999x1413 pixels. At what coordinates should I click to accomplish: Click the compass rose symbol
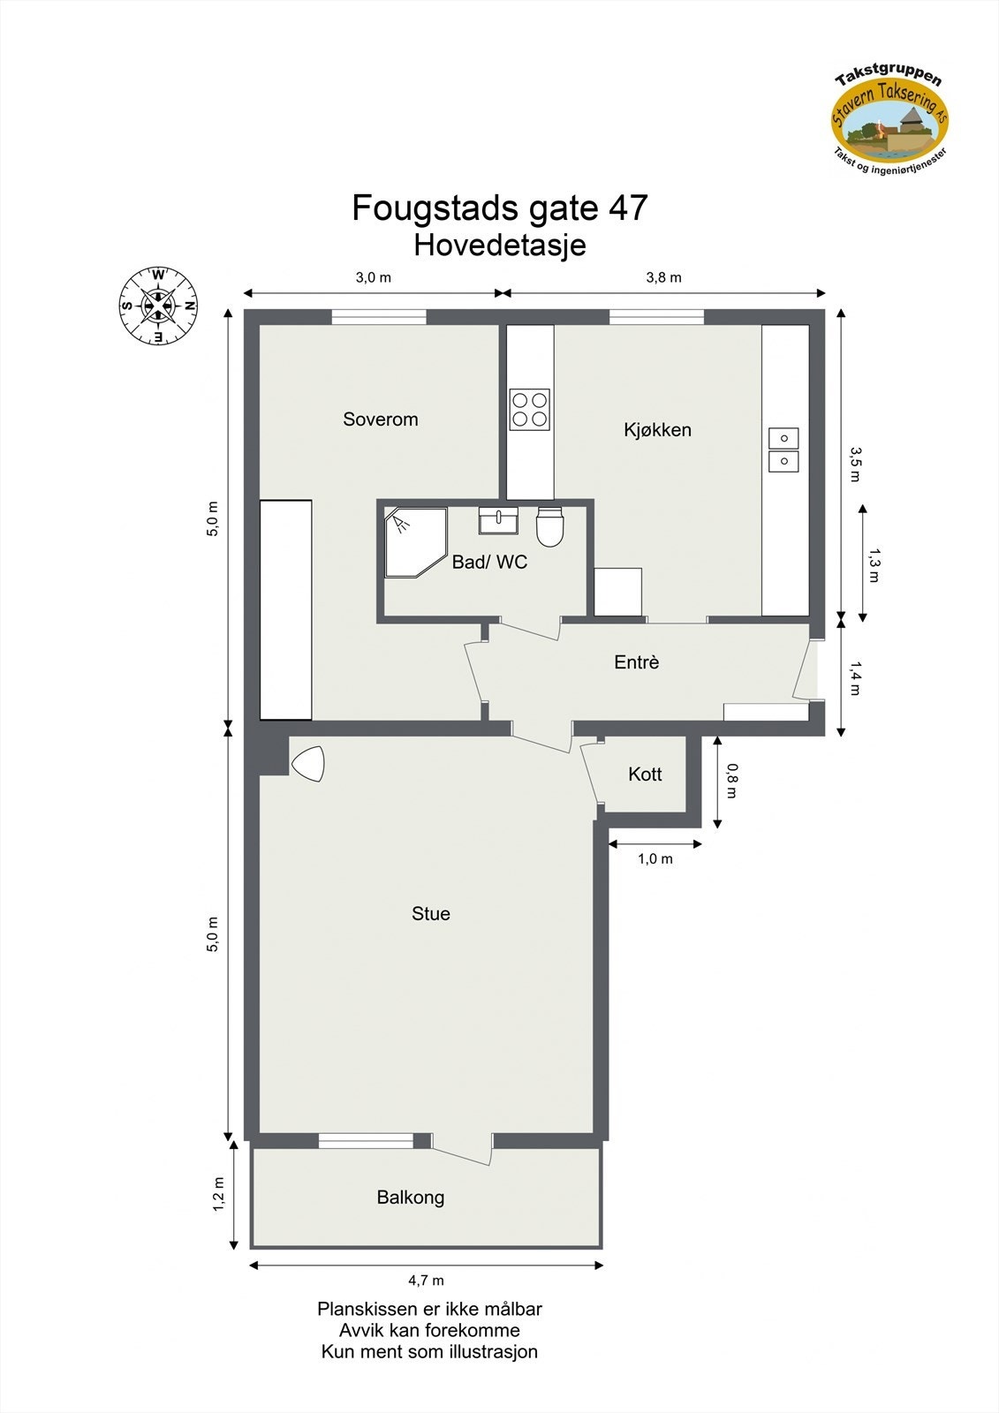point(158,306)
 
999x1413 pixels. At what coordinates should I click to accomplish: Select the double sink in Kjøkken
point(783,450)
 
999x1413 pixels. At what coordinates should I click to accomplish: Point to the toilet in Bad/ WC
point(549,526)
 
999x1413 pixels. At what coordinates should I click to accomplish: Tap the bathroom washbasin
point(498,520)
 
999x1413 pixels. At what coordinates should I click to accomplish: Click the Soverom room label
point(380,419)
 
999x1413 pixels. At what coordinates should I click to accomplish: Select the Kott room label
point(645,775)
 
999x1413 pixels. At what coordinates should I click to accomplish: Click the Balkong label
point(410,1198)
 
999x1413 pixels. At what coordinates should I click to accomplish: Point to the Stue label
point(430,914)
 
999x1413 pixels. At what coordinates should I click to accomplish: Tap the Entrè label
point(636,662)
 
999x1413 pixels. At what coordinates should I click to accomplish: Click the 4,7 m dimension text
point(426,1281)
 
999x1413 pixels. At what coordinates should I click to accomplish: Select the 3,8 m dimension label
point(663,277)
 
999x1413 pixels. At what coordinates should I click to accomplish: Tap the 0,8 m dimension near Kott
point(730,780)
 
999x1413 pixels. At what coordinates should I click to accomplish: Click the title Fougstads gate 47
point(499,208)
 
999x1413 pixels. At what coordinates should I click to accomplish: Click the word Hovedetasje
point(499,245)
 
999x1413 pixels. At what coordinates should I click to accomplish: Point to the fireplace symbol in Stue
point(308,764)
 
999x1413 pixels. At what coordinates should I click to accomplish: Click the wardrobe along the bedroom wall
point(286,609)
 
